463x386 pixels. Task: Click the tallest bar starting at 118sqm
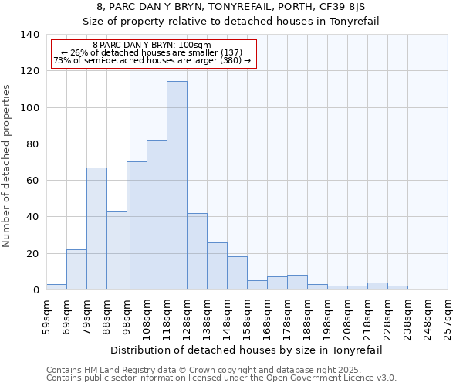coord(177,185)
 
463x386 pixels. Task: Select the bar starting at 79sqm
coord(96,229)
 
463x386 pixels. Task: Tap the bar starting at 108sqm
coord(157,215)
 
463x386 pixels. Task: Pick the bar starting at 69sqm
coord(76,269)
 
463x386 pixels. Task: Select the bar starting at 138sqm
coord(217,266)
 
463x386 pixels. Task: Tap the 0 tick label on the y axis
coord(35,290)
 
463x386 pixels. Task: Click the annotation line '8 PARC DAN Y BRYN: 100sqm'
coord(151,46)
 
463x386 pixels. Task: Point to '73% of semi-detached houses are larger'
coord(152,60)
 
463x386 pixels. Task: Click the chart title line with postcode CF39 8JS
coord(231,7)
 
